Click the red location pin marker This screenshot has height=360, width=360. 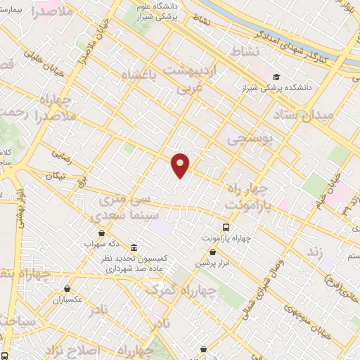(181, 165)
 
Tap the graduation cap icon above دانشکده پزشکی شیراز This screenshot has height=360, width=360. (276, 77)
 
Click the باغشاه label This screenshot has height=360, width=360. (141, 76)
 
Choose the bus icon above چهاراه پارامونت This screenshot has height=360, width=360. (226, 227)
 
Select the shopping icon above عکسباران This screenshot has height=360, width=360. (67, 288)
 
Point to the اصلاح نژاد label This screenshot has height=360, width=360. (74, 349)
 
